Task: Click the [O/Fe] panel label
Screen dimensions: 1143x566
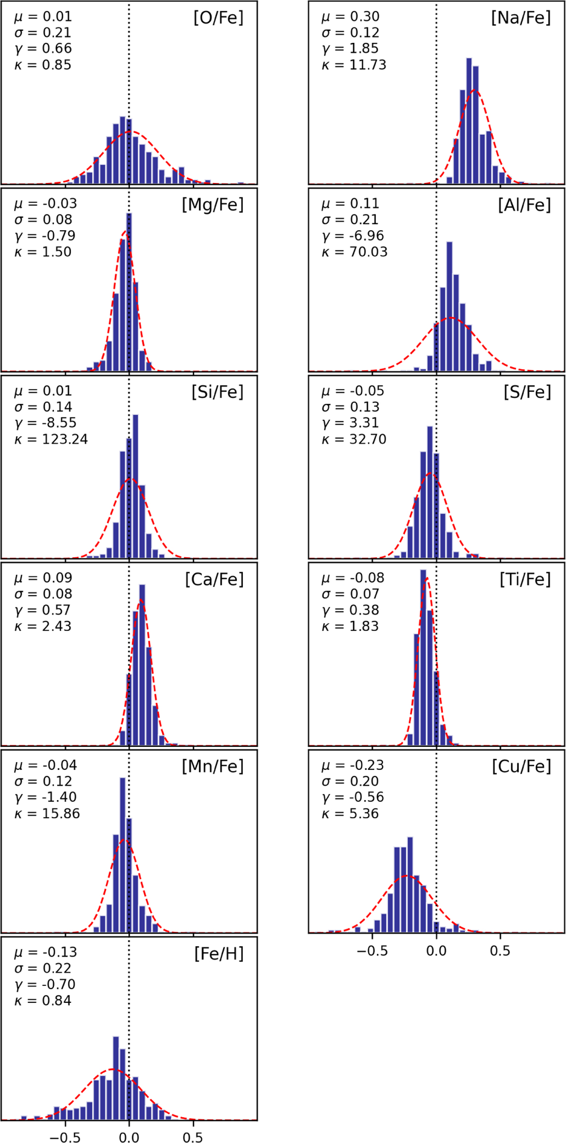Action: (x=218, y=18)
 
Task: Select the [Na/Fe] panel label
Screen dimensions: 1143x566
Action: (x=521, y=18)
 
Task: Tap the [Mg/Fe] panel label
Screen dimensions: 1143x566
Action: (x=213, y=205)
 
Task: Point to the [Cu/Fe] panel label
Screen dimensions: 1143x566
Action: (x=521, y=767)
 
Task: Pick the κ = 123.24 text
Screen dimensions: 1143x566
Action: (x=51, y=439)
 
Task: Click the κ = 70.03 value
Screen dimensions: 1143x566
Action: (x=354, y=252)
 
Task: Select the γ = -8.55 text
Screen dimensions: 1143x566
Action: (x=45, y=423)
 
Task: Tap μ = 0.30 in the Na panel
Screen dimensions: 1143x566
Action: (x=350, y=17)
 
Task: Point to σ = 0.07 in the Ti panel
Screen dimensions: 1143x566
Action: (x=350, y=594)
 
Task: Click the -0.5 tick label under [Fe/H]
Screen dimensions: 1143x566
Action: (x=65, y=1137)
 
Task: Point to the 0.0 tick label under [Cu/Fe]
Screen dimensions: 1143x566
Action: (x=436, y=950)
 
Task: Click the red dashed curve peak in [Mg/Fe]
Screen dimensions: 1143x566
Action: (x=125, y=232)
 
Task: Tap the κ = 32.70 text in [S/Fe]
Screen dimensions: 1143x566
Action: (x=354, y=439)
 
